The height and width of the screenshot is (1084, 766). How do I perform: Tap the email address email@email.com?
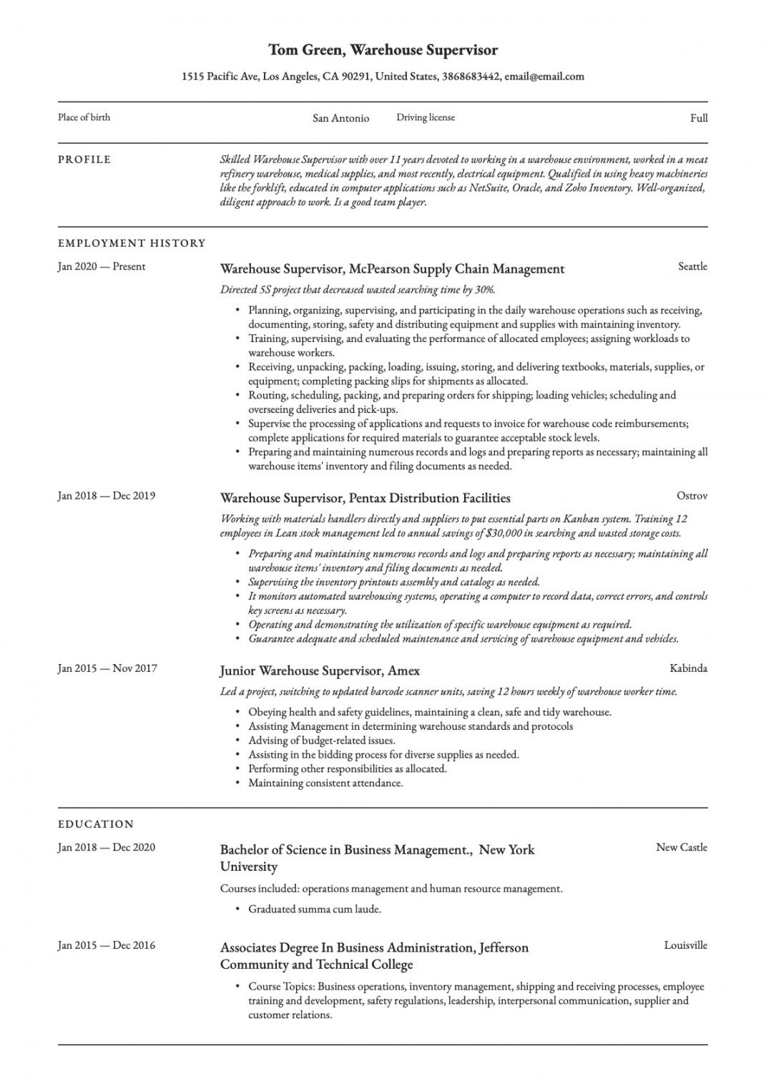coord(544,77)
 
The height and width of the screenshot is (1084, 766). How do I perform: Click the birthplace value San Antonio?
coord(340,118)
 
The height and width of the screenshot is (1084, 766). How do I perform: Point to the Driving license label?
coord(426,117)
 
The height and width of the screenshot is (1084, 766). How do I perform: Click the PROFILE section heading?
coord(84,160)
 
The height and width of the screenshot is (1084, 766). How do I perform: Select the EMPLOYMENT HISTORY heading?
coord(132,243)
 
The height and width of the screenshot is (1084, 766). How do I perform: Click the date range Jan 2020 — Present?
coord(102,267)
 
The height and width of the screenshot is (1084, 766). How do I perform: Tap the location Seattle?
coord(692,266)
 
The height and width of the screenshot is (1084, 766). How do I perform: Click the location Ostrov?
coord(692,495)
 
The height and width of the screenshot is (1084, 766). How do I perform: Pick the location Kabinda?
coord(688,668)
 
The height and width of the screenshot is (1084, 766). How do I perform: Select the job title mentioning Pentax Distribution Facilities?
coord(365,498)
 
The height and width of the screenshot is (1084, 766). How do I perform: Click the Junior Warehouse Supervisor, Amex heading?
coord(320,671)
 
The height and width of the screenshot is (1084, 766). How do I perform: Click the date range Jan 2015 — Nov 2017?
coord(107,668)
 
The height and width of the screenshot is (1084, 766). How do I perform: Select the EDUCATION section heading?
coord(96,824)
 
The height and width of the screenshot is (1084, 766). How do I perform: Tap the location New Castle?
coord(682,847)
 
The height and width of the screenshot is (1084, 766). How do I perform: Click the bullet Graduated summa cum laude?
coord(315,909)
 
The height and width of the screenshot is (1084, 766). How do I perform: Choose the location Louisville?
coord(685,945)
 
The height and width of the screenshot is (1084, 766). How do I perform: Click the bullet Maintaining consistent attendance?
coord(325,783)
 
